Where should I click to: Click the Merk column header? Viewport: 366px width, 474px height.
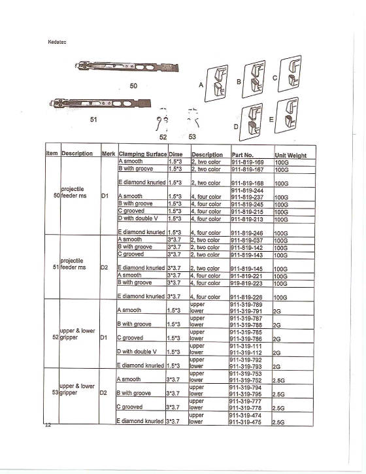click(108, 154)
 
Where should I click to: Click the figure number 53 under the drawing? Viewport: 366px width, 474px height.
click(193, 138)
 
